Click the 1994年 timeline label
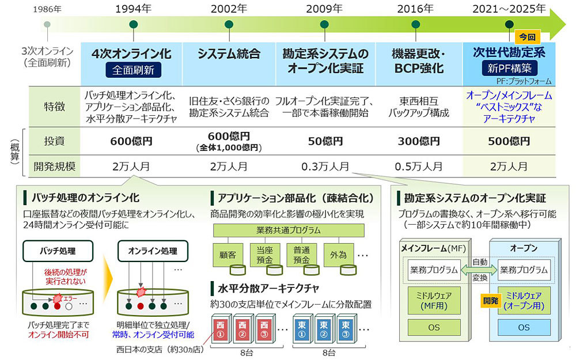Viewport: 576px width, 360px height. [x=134, y=9]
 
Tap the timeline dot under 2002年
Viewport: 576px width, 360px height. [x=229, y=24]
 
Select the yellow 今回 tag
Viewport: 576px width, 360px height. [x=527, y=37]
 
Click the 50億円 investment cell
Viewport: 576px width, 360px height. [x=325, y=141]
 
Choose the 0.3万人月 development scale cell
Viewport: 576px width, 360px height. [x=325, y=167]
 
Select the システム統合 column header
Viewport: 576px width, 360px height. [x=229, y=54]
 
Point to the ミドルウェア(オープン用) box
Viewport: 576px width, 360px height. [x=523, y=301]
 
